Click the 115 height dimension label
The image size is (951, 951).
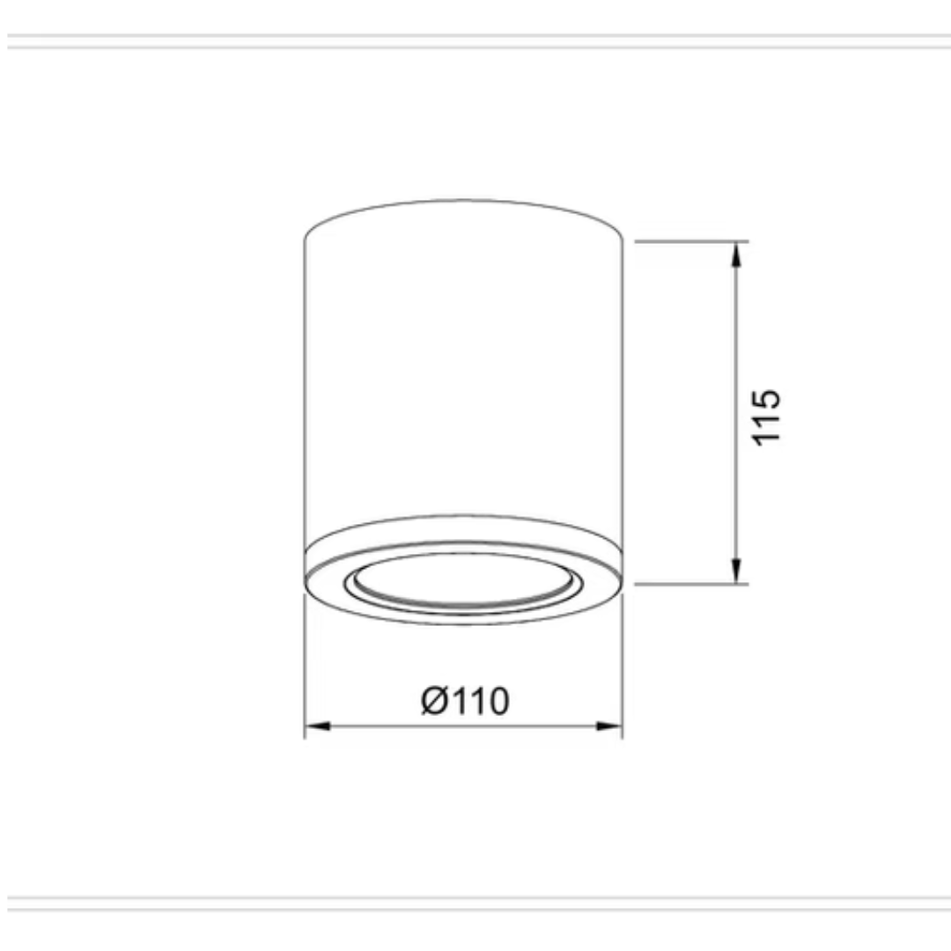[x=766, y=418]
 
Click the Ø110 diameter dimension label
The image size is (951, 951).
[x=465, y=701]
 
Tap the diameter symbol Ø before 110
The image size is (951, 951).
[x=435, y=701]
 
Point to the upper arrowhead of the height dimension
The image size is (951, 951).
[x=736, y=254]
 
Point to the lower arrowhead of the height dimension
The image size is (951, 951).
[x=736, y=571]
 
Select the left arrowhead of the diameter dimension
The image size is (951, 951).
[x=318, y=726]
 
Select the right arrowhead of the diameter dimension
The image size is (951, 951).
[x=609, y=726]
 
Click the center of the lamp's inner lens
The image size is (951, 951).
[x=463, y=579]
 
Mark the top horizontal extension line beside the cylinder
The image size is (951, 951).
[x=691, y=241]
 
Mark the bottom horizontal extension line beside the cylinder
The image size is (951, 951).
[x=691, y=585]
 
